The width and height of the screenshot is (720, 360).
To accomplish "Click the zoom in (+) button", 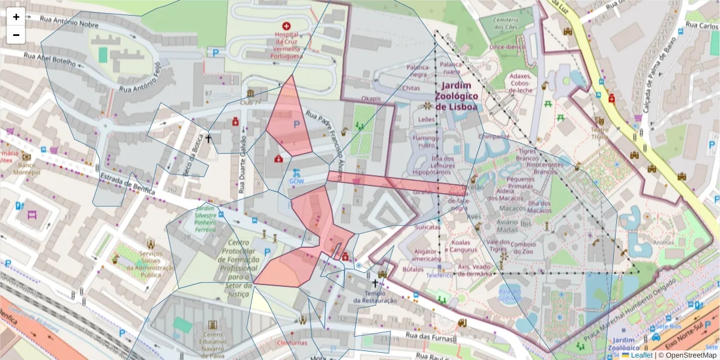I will coord(16,17).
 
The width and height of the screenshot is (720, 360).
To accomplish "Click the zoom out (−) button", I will coord(16,35).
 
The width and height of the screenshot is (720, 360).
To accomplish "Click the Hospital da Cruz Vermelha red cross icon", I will coord(286,26).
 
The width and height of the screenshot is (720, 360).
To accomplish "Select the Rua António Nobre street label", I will coord(69,22).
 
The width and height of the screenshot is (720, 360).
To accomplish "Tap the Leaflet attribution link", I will coord(641,355).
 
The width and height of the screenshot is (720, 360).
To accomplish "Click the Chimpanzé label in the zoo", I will coord(494,136).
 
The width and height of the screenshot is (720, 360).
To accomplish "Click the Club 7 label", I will coord(250,102).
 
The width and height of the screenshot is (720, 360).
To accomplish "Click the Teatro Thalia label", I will coord(600,133).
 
